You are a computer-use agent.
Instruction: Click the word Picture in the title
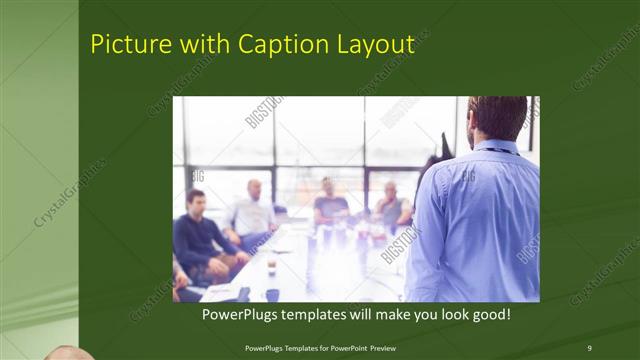[125, 44]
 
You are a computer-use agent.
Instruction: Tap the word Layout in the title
[376, 44]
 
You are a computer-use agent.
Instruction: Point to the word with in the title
[202, 44]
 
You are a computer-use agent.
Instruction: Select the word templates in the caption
[325, 314]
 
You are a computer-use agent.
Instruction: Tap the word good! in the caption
[489, 314]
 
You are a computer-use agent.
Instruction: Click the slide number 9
[589, 347]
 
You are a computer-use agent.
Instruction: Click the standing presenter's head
[496, 118]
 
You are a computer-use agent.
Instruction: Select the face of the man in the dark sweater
[196, 199]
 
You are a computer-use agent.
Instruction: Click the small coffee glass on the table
[271, 265]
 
